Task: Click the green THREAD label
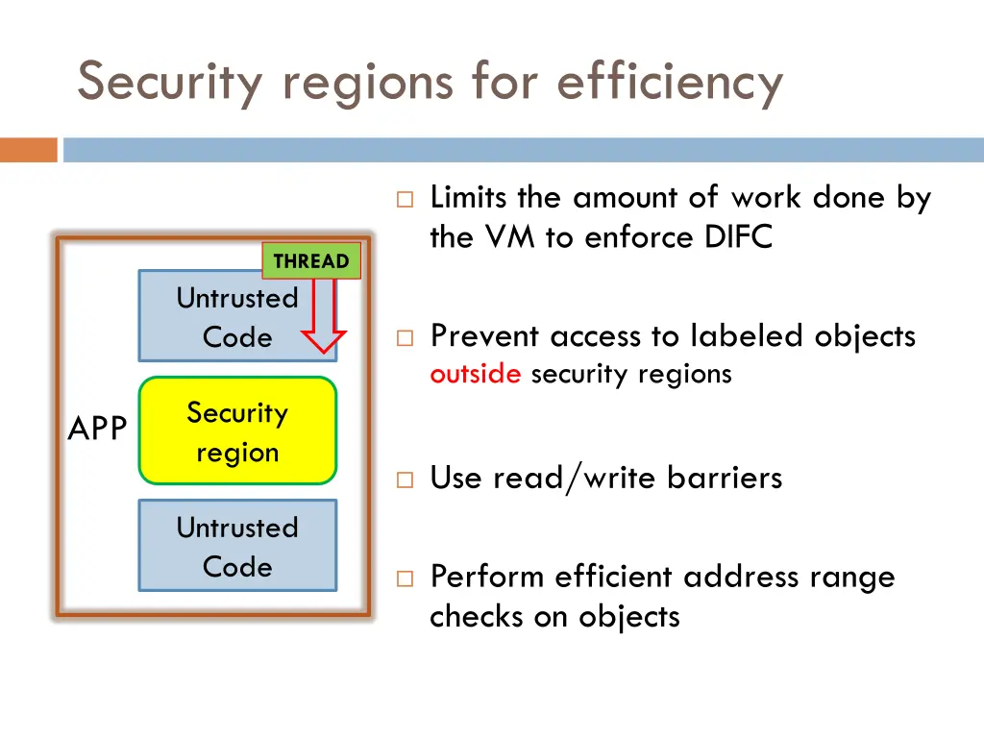(310, 261)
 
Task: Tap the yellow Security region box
(237, 431)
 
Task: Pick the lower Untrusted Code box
(237, 546)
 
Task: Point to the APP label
(97, 430)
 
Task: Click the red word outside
(476, 374)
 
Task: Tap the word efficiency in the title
(670, 82)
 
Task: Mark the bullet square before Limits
(404, 200)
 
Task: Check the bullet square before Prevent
(404, 338)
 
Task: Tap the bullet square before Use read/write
(404, 480)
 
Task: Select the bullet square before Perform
(404, 578)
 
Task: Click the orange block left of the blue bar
(29, 150)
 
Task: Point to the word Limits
(469, 197)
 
